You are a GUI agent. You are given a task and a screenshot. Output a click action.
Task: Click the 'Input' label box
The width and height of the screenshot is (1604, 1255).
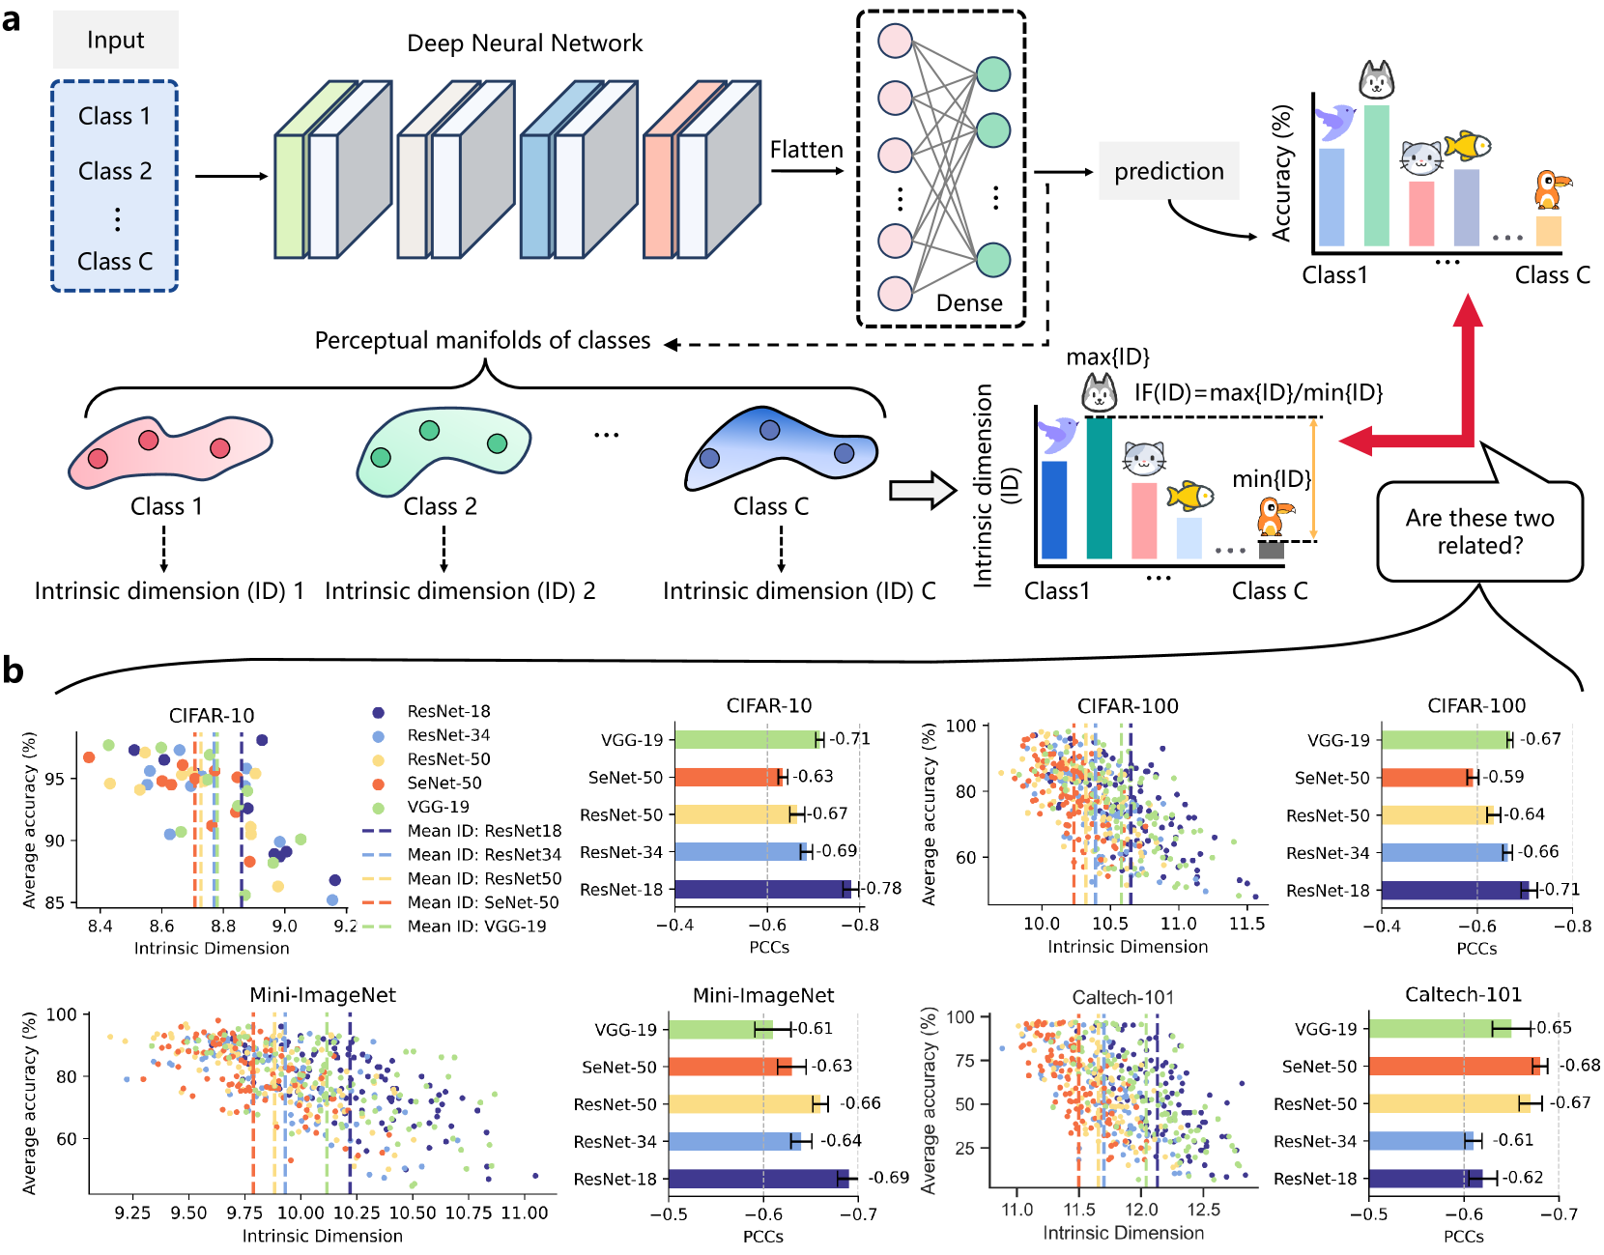click(x=115, y=40)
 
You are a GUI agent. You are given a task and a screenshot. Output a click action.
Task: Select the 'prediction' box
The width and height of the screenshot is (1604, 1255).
click(x=1168, y=171)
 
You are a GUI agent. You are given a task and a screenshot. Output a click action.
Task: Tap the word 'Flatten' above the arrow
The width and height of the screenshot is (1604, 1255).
click(x=806, y=150)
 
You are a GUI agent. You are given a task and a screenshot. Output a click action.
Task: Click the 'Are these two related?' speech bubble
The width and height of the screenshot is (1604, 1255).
click(x=1479, y=531)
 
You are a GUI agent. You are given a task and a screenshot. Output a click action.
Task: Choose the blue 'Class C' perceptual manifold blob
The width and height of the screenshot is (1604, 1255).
click(x=781, y=448)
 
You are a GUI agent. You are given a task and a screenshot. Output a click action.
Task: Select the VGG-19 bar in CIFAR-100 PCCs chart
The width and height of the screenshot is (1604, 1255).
click(x=1446, y=740)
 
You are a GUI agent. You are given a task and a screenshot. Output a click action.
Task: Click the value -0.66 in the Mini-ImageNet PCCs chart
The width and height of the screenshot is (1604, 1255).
click(x=860, y=1103)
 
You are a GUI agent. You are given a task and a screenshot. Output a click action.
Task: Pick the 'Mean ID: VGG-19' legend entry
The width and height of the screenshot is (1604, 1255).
click(x=454, y=927)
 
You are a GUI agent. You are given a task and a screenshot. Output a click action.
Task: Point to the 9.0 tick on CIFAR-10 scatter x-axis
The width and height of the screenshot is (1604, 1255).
click(x=284, y=926)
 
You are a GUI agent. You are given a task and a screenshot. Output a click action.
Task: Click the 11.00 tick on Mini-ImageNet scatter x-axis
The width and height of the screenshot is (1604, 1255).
click(x=524, y=1212)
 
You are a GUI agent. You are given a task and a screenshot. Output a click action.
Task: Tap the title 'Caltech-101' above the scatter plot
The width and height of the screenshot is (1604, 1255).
click(x=1123, y=997)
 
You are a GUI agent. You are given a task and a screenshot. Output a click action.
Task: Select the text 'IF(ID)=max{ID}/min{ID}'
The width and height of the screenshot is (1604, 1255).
click(x=1258, y=392)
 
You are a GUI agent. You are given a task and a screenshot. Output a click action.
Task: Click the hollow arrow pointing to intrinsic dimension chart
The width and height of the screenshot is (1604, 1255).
click(x=921, y=490)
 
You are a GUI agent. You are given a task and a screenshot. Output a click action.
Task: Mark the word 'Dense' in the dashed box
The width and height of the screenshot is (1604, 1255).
click(x=969, y=303)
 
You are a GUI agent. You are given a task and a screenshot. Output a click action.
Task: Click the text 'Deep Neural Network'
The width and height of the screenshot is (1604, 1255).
click(x=524, y=43)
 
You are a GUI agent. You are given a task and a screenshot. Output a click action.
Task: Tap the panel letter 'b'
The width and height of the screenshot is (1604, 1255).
click(x=13, y=670)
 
